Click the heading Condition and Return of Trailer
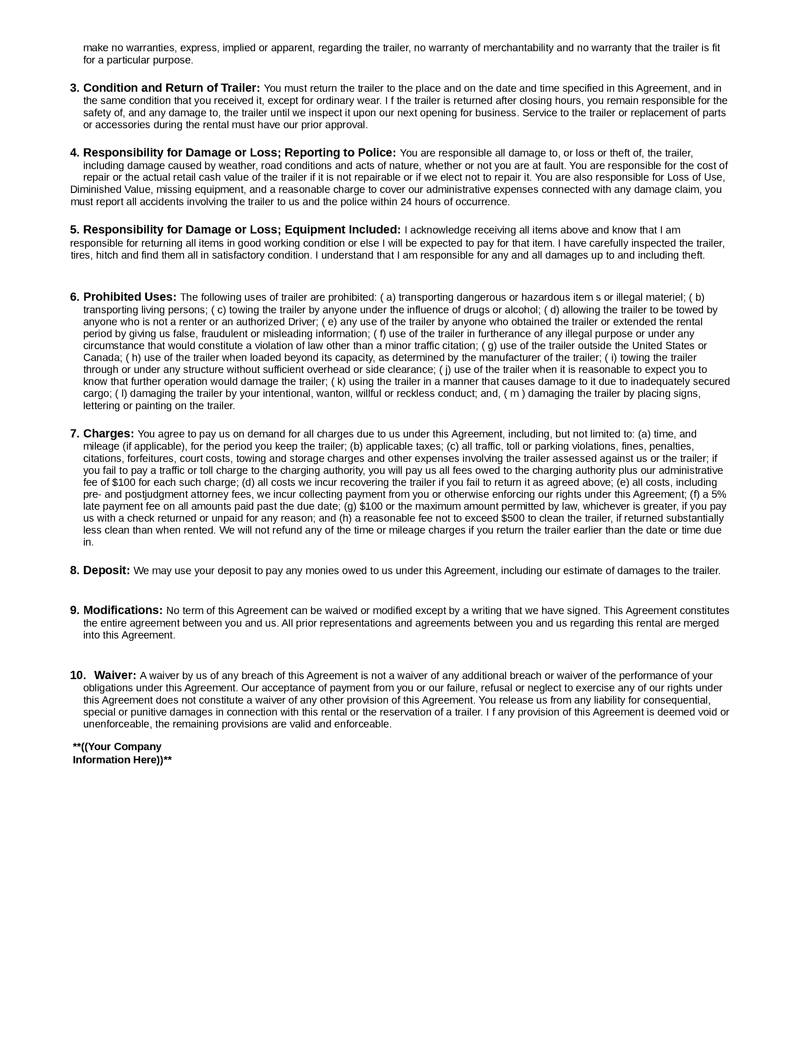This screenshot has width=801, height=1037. coord(171,88)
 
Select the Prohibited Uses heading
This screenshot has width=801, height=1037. coord(129,297)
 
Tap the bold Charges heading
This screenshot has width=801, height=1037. coord(109,434)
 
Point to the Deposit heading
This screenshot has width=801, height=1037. coord(106,571)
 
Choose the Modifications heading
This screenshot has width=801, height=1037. coord(123,611)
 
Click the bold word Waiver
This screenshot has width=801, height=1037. coord(115,676)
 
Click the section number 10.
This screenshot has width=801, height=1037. coord(77,676)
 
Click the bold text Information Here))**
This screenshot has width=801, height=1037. coord(122,760)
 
